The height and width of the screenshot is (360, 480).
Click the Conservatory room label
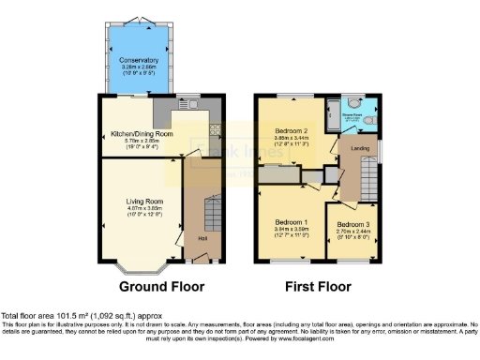138,61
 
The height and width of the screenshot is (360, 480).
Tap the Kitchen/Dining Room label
137,134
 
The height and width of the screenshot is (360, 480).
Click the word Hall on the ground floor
202,237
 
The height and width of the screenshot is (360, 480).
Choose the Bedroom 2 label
292,130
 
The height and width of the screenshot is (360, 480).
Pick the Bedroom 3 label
353,225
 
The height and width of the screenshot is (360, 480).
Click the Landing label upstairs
358,148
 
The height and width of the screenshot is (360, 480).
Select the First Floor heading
321,286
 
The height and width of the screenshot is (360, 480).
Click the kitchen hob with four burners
215,130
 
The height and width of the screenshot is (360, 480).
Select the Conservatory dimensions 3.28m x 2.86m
138,67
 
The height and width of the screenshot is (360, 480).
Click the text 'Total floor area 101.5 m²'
56,315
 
